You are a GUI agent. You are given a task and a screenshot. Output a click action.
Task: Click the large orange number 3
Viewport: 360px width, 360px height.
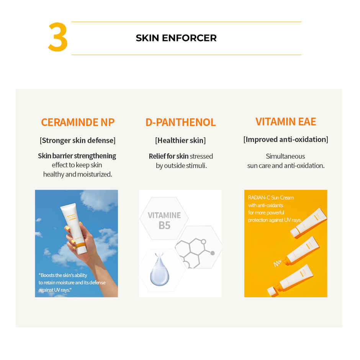point(58,38)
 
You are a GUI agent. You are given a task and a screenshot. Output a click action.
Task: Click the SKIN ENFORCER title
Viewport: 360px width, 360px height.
point(176,38)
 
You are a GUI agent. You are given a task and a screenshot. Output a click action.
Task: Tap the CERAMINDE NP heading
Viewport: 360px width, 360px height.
point(78,122)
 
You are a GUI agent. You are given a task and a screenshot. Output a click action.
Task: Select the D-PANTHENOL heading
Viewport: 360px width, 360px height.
point(180,122)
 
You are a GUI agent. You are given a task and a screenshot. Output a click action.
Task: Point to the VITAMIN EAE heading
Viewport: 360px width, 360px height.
point(286,121)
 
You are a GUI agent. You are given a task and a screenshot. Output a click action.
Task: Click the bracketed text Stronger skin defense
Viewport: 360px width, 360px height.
point(77,140)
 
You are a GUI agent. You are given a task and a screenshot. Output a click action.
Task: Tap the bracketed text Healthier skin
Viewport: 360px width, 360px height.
point(180,141)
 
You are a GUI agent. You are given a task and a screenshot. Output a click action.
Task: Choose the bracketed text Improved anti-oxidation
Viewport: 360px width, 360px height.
point(286,139)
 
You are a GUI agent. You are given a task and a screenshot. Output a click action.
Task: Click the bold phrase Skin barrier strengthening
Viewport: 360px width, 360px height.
point(77,156)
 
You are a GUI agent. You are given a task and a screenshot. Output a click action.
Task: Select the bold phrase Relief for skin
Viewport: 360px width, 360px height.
point(169,156)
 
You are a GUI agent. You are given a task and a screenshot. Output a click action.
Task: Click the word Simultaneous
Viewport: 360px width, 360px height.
point(285,156)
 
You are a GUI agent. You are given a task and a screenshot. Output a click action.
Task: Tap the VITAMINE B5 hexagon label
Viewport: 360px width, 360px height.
point(164,220)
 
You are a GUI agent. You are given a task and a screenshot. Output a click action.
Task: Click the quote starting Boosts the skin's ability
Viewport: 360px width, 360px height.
point(72,283)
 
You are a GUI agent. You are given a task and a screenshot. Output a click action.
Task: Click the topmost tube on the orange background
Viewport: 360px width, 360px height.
point(308,222)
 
